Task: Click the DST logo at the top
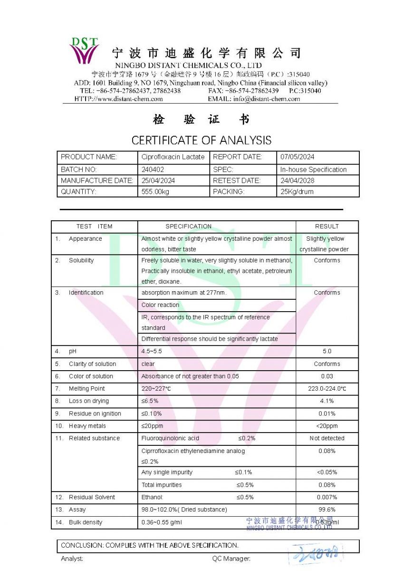(x=84, y=50)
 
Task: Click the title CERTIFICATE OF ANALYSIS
(x=201, y=140)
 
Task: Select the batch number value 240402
(x=152, y=169)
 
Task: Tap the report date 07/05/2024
(x=297, y=157)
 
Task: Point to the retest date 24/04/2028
(x=297, y=181)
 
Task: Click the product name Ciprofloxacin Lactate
(x=173, y=157)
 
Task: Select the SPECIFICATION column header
(x=189, y=226)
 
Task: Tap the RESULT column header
(x=327, y=226)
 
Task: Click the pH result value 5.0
(x=327, y=351)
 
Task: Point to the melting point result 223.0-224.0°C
(x=327, y=389)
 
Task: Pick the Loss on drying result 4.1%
(x=327, y=401)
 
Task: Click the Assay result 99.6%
(x=327, y=510)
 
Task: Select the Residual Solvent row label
(x=92, y=497)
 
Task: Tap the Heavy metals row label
(x=87, y=426)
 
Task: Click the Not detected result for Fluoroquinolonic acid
(x=327, y=438)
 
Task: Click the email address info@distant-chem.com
(x=267, y=99)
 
